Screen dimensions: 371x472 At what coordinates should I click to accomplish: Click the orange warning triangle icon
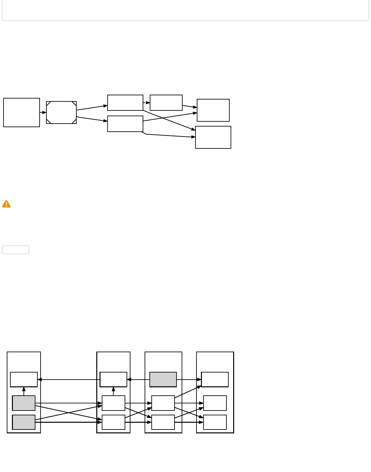6,204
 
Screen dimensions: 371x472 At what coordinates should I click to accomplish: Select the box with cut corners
61,112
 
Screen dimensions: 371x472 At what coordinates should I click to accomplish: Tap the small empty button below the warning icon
15,250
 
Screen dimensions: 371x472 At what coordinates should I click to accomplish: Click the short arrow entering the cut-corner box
43,112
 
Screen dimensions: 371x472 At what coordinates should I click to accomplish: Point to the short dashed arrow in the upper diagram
147,103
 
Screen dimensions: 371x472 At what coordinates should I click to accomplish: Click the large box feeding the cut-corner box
22,112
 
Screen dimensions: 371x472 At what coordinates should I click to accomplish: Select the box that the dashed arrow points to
166,103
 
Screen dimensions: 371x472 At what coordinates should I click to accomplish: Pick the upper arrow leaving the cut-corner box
92,108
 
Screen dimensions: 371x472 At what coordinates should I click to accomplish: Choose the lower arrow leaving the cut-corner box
92,119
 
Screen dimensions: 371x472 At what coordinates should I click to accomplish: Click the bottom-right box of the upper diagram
213,137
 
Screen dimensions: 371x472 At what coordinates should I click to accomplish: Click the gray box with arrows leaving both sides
163,379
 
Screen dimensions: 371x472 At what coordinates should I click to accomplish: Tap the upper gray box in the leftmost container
24,403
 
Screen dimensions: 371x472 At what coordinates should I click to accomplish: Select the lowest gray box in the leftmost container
24,422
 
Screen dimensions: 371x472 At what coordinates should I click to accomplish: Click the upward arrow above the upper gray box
24,391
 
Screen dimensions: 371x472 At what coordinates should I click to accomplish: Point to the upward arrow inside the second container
113,391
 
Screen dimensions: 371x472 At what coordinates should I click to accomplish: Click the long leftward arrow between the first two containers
69,380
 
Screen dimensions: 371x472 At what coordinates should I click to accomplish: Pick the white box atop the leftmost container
24,379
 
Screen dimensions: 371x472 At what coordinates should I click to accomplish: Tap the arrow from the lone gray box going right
189,380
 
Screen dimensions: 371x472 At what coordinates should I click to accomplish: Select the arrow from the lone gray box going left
138,380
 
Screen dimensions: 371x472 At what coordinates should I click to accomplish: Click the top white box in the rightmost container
215,379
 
